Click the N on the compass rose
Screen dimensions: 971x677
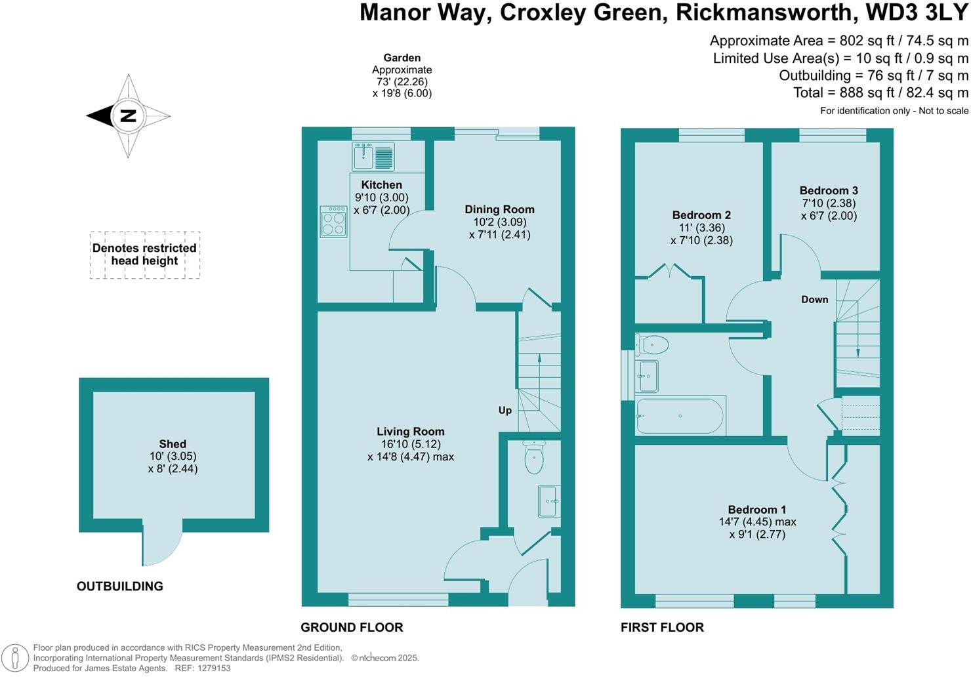(x=129, y=115)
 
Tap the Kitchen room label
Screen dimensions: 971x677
(x=381, y=184)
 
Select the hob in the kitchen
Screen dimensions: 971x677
(x=333, y=222)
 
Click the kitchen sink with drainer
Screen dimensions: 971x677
(x=373, y=156)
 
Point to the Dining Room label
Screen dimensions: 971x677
(x=499, y=209)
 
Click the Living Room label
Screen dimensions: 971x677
(x=411, y=431)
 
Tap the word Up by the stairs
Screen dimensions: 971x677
(x=505, y=411)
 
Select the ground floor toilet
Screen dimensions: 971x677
(x=534, y=458)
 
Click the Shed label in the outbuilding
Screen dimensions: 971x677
(x=173, y=444)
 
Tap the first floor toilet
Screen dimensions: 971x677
(x=651, y=346)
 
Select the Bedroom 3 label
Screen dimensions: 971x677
(x=829, y=190)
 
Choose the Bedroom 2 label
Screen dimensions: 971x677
(x=701, y=215)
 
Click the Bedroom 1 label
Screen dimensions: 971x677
(x=757, y=509)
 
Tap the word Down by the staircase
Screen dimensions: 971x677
(x=814, y=300)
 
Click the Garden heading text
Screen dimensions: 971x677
(x=402, y=58)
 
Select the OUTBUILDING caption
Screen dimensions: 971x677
(x=120, y=586)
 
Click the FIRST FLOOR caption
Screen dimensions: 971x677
(x=663, y=627)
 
